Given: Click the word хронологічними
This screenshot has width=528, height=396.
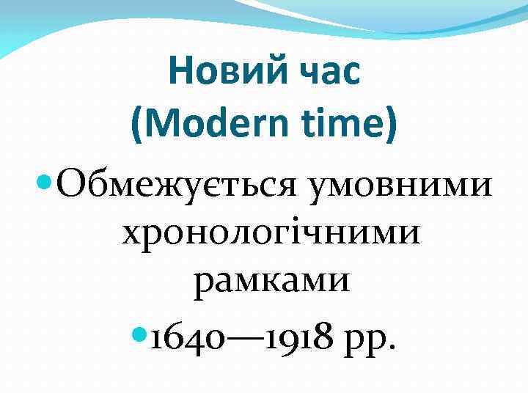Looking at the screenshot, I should pyautogui.click(x=271, y=234).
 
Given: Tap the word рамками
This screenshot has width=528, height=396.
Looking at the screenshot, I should pyautogui.click(x=271, y=282).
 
